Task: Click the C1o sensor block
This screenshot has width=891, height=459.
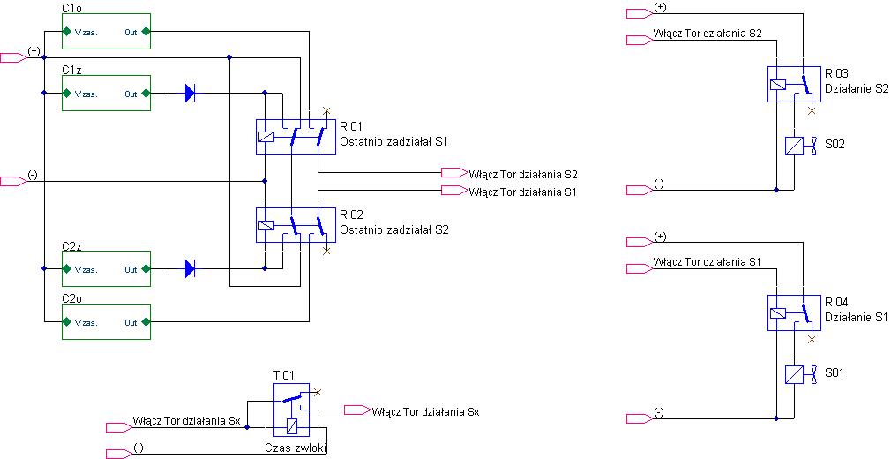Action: tap(106, 31)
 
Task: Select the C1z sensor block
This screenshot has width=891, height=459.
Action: tap(106, 93)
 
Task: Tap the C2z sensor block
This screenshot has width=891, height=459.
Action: tap(106, 268)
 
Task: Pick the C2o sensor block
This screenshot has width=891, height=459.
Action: tap(106, 322)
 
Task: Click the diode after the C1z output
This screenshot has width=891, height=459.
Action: tap(191, 93)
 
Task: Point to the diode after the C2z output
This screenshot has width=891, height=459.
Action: tap(191, 268)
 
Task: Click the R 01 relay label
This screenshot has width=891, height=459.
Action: tap(351, 126)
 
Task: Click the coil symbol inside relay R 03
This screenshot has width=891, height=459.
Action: tap(777, 85)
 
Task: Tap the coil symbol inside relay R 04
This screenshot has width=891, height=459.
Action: tap(777, 312)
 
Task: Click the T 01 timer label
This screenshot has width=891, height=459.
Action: tap(284, 375)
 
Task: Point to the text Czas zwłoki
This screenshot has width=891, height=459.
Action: tap(296, 448)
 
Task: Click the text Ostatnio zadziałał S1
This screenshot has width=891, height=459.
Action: tap(393, 141)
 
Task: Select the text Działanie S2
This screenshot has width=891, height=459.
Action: tap(857, 89)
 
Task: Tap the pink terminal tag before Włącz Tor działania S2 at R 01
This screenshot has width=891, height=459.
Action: tap(454, 172)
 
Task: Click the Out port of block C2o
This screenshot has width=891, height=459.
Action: tap(146, 322)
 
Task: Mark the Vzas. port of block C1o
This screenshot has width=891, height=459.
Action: tap(66, 31)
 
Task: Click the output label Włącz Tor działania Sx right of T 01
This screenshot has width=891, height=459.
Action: tap(425, 412)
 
